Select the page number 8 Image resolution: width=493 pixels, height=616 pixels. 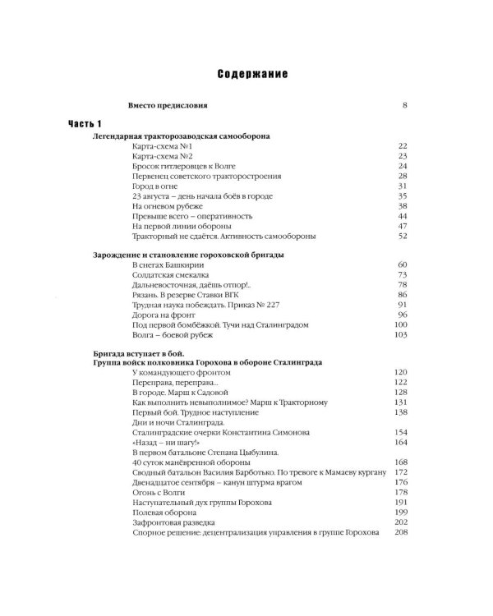pyautogui.click(x=405, y=105)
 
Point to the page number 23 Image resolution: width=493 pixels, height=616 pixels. pyautogui.click(x=403, y=155)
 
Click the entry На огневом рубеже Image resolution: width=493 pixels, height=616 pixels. pyautogui.click(x=167, y=207)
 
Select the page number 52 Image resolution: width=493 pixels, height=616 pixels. pyautogui.click(x=403, y=237)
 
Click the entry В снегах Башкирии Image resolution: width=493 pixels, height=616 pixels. pyautogui.click(x=167, y=264)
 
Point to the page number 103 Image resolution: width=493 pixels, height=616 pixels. pyautogui.click(x=401, y=335)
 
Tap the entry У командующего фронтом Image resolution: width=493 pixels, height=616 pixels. pyautogui.click(x=181, y=373)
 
